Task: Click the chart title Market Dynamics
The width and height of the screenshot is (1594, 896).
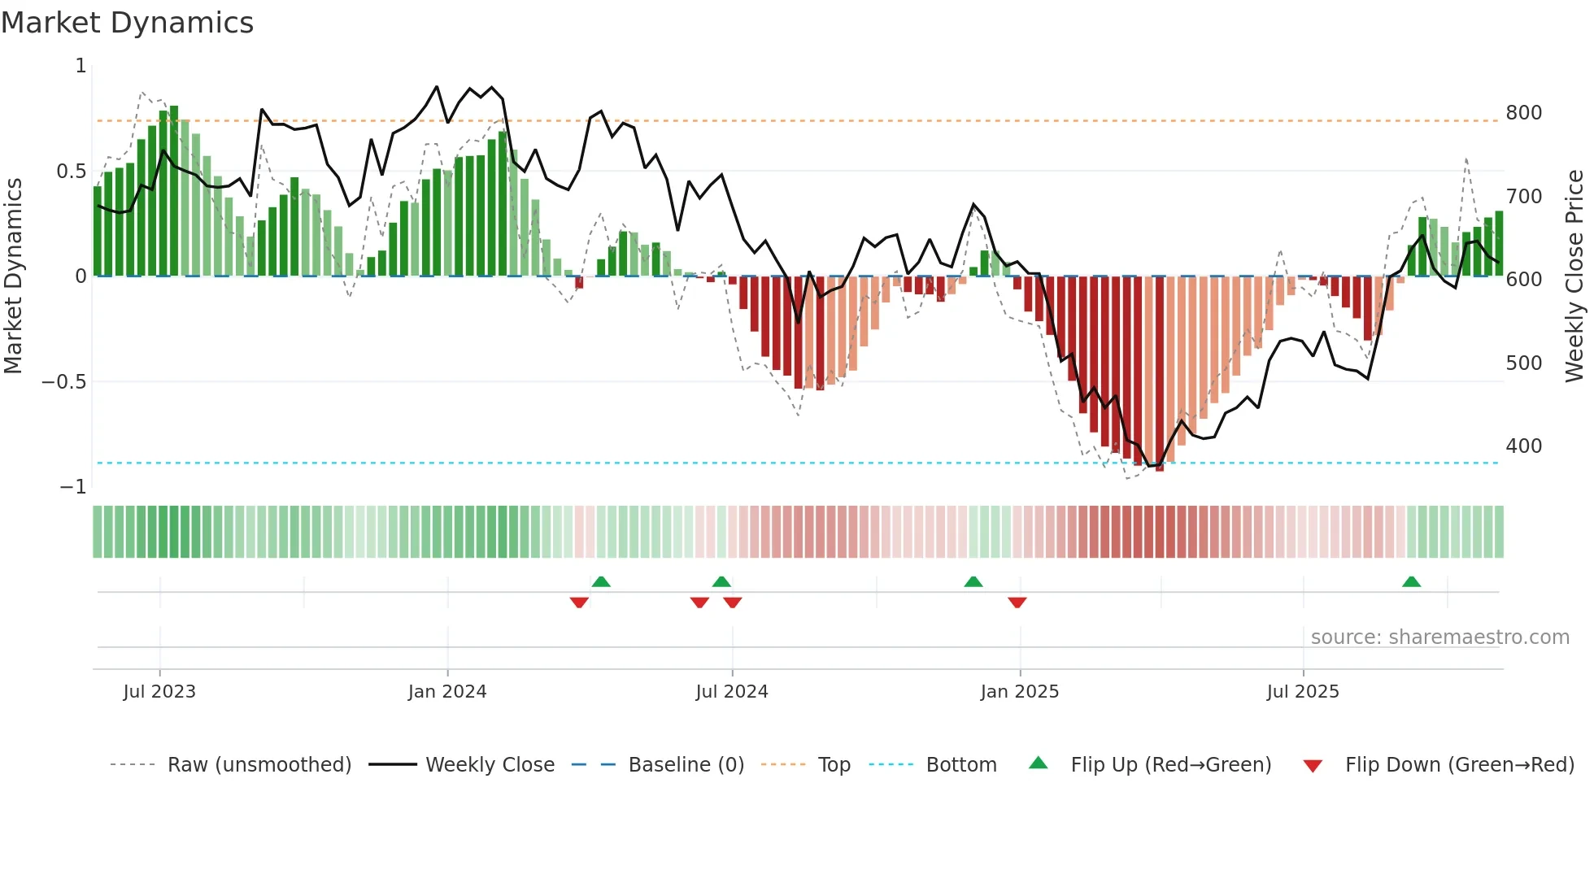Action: pos(128,23)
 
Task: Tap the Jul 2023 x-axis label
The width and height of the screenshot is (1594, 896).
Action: pos(159,692)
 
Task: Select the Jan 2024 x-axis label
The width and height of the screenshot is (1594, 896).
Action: pos(447,692)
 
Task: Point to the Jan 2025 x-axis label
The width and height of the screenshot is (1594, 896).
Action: pos(1020,692)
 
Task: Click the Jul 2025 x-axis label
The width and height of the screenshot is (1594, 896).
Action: pos(1303,692)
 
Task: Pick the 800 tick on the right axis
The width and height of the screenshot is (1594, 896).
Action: pos(1523,113)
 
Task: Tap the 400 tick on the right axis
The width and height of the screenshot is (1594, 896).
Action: pos(1523,446)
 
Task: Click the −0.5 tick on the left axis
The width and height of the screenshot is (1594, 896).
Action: pos(64,382)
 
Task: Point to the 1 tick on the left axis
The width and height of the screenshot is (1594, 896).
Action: pos(81,66)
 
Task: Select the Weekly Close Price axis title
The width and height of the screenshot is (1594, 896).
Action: pos(1574,276)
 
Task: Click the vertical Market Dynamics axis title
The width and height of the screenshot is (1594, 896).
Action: pos(13,276)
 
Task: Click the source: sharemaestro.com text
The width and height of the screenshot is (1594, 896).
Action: pos(1439,637)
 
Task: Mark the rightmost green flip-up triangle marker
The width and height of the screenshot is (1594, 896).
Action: pos(1411,581)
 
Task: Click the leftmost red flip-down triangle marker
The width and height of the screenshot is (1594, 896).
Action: pos(579,602)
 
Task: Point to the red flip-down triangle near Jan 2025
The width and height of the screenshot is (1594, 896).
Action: pos(1017,602)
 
